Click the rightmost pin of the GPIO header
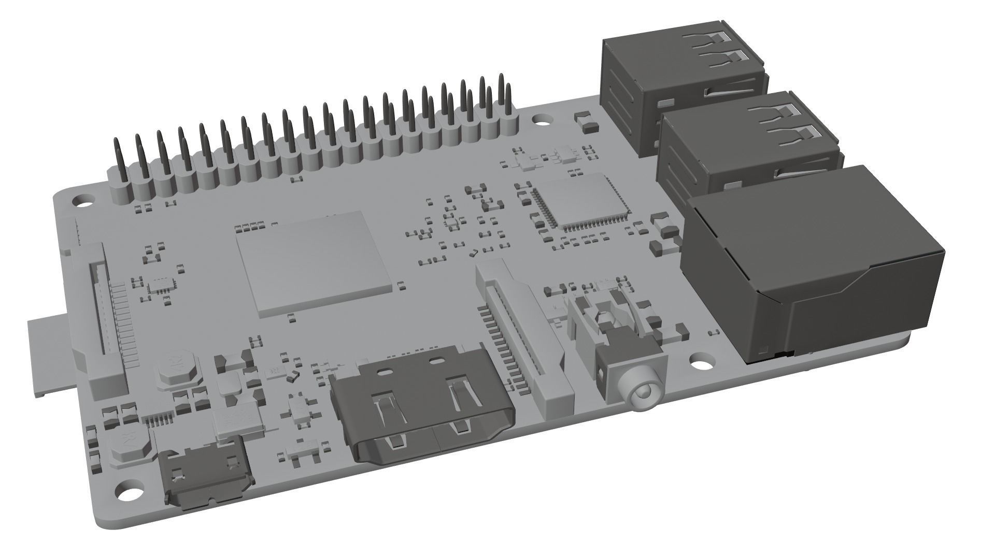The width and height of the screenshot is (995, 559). (501, 93)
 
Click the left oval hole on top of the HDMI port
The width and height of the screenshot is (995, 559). (385, 372)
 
